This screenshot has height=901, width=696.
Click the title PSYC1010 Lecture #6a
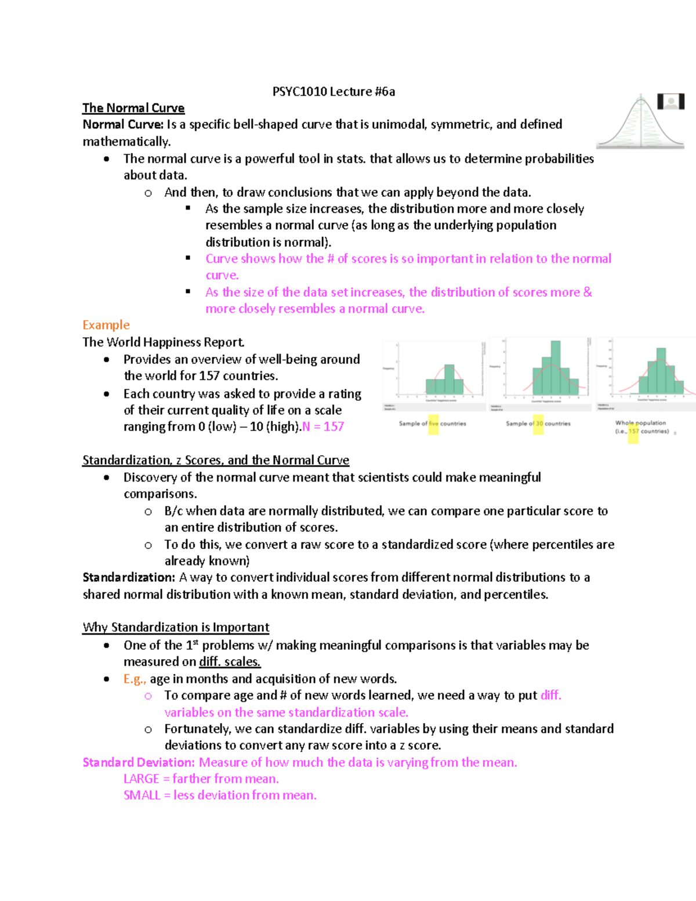(x=333, y=92)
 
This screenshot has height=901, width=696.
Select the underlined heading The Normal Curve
(x=133, y=108)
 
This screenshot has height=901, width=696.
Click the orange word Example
(x=106, y=325)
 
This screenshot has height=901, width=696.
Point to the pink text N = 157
(x=323, y=427)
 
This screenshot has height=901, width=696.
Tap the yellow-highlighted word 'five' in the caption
(x=433, y=424)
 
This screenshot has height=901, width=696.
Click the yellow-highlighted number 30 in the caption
(x=539, y=424)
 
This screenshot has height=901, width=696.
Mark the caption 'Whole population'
(x=640, y=423)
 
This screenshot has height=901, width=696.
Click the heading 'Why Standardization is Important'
(x=176, y=628)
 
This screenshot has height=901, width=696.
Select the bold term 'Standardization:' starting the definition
(x=128, y=578)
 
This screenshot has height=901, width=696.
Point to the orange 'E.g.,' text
(x=135, y=679)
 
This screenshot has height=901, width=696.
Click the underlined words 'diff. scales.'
(x=230, y=662)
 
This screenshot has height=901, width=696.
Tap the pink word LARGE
(x=141, y=779)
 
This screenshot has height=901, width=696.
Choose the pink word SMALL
(x=142, y=795)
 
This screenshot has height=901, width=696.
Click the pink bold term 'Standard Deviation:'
(x=138, y=762)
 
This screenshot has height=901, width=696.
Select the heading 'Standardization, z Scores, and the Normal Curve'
(x=215, y=461)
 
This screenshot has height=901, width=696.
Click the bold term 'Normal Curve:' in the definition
(x=122, y=125)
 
